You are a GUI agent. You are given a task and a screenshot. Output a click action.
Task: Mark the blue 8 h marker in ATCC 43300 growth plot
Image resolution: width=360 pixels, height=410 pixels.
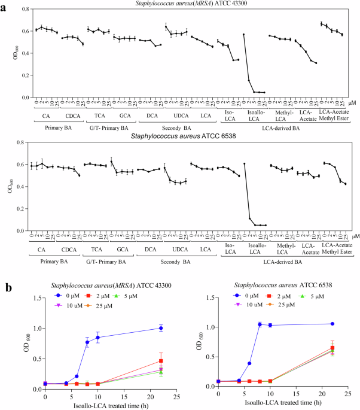point(87,342)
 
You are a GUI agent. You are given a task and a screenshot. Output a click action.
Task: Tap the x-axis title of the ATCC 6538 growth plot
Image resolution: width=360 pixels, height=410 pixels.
point(281,405)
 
